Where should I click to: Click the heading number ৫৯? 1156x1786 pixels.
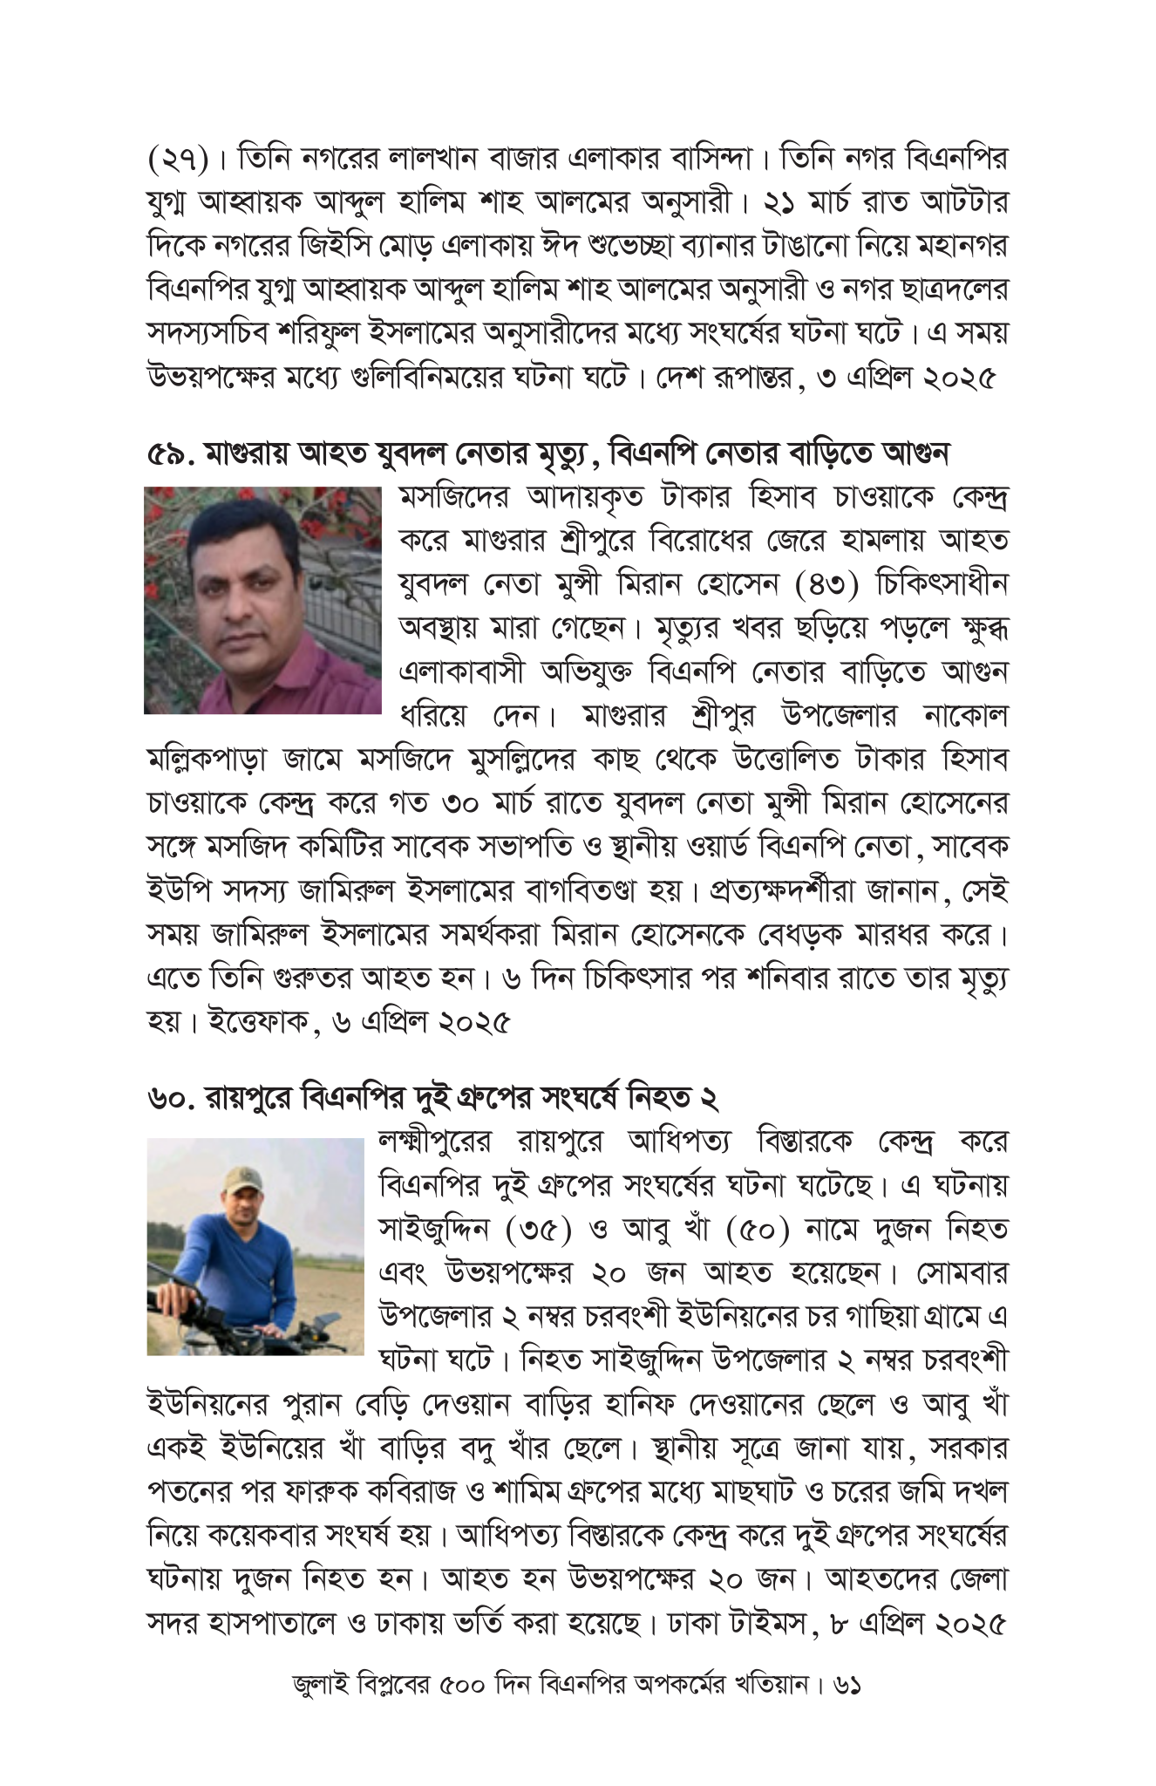tap(171, 454)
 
